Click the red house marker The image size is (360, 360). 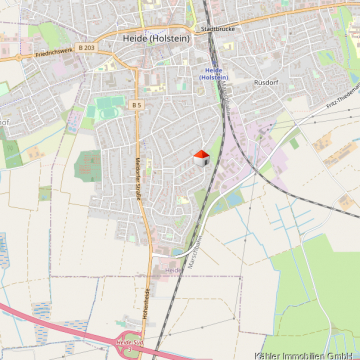click(x=201, y=157)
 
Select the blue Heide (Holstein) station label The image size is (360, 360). click(x=212, y=74)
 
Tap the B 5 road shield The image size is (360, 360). click(x=137, y=104)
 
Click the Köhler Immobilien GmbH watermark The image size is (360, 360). click(x=306, y=354)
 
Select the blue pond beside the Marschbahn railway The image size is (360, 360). click(x=232, y=199)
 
